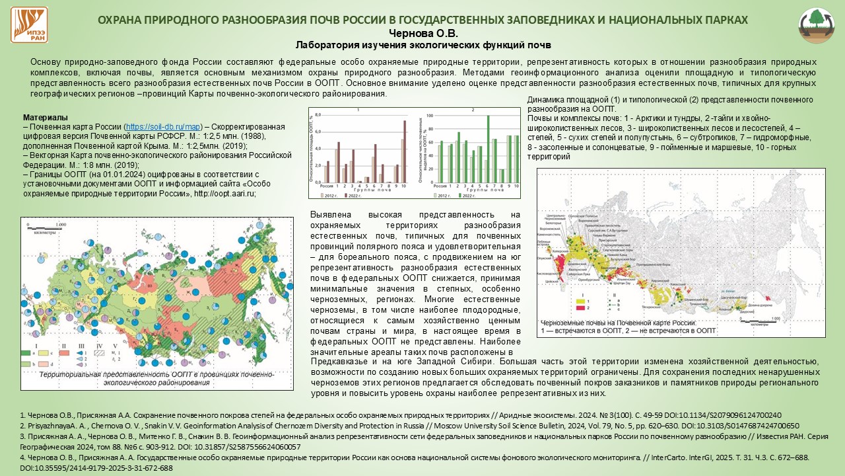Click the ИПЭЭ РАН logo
[x=28, y=25]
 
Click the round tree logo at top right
[x=817, y=26]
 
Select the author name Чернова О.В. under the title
[x=422, y=33]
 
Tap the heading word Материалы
[x=45, y=117]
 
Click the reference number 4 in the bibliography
[x=22, y=457]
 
